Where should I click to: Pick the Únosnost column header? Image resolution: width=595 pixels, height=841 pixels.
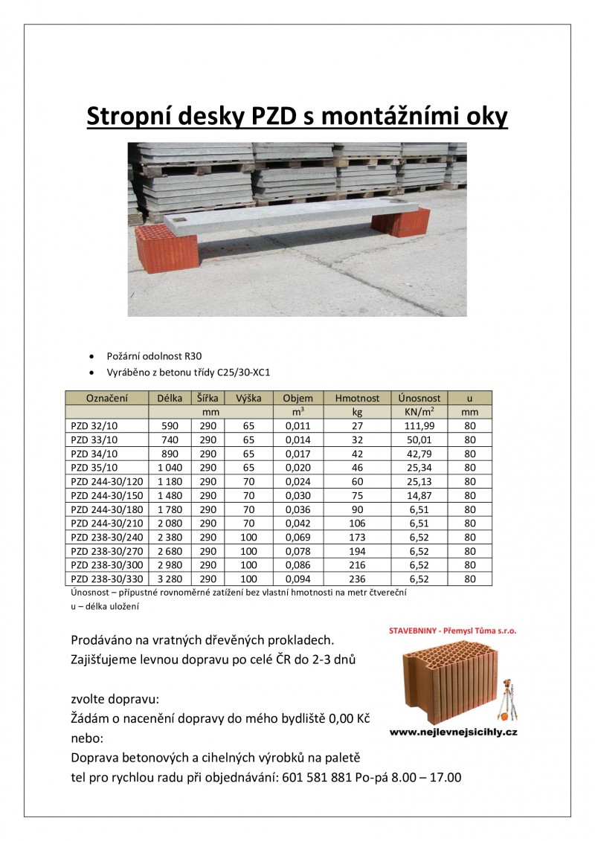coord(419,398)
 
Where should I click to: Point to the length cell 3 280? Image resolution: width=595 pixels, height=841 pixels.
coord(170,579)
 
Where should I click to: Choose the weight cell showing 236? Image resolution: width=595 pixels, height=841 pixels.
coord(357,579)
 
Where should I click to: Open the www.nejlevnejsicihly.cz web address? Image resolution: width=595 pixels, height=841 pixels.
coord(454,732)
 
